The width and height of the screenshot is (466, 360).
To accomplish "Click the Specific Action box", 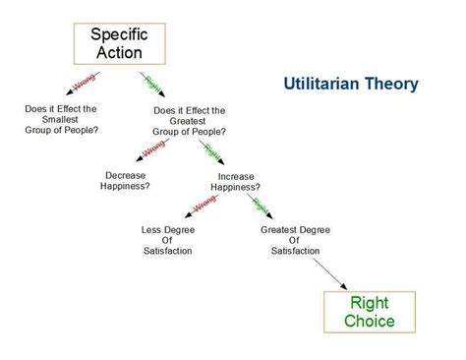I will (119, 42).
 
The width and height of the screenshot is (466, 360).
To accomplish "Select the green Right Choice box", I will (369, 312).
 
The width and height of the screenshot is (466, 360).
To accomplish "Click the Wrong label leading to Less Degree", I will (204, 205).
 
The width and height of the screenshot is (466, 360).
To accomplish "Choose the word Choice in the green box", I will (369, 322).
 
